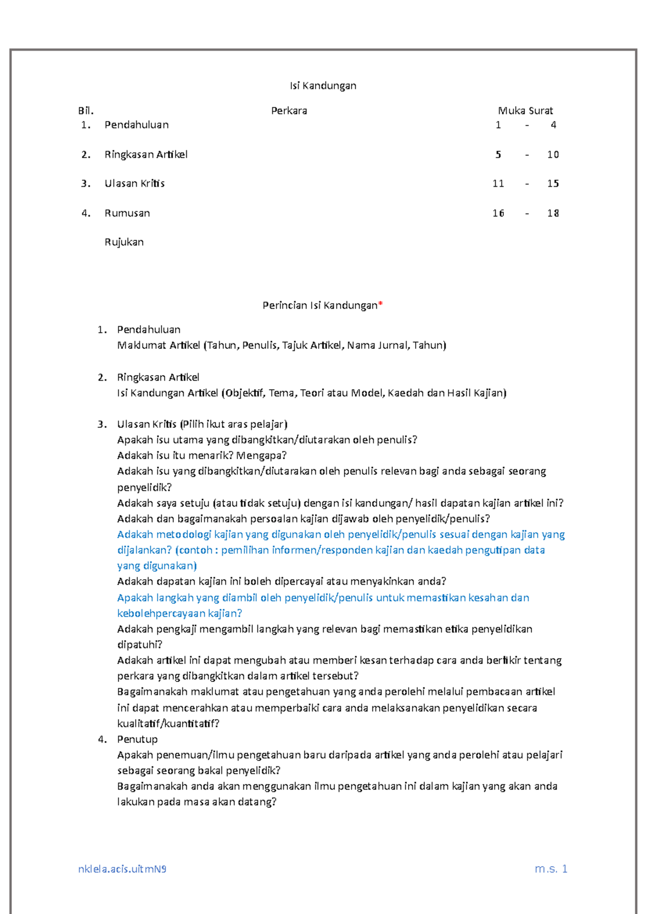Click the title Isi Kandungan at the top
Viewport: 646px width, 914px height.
point(323,86)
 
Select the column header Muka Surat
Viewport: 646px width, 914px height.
point(525,111)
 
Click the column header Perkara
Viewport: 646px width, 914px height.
point(289,111)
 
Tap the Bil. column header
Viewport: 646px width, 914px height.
point(86,111)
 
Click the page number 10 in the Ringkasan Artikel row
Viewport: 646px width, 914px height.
point(553,154)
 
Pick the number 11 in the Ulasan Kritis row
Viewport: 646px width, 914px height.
point(498,184)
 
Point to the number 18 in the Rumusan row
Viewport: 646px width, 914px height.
point(553,213)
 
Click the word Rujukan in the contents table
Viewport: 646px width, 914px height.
point(124,242)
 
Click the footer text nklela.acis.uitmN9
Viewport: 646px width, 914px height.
point(122,869)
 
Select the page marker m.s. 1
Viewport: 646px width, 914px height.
point(551,868)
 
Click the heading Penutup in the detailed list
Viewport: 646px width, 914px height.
point(137,739)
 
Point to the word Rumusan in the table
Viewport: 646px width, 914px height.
point(127,213)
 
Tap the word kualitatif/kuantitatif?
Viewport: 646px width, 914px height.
point(168,723)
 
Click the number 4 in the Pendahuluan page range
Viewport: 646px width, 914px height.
point(553,125)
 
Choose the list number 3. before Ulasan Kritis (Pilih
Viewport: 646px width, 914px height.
point(102,424)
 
